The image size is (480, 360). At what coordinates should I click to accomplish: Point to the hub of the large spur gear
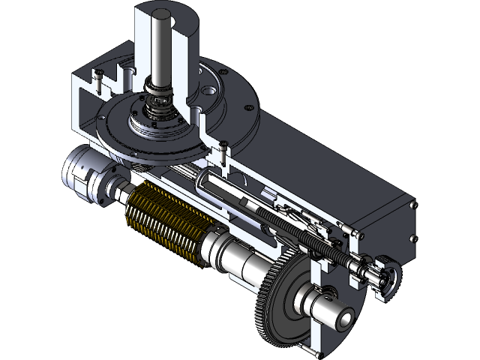pos(315,300)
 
